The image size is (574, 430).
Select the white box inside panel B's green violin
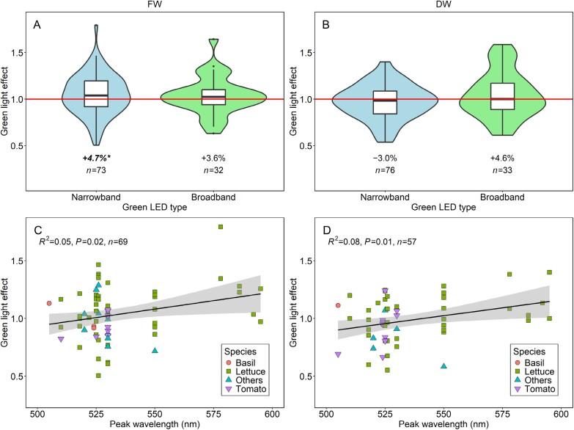[x=501, y=96]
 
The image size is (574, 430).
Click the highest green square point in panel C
[x=220, y=227]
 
